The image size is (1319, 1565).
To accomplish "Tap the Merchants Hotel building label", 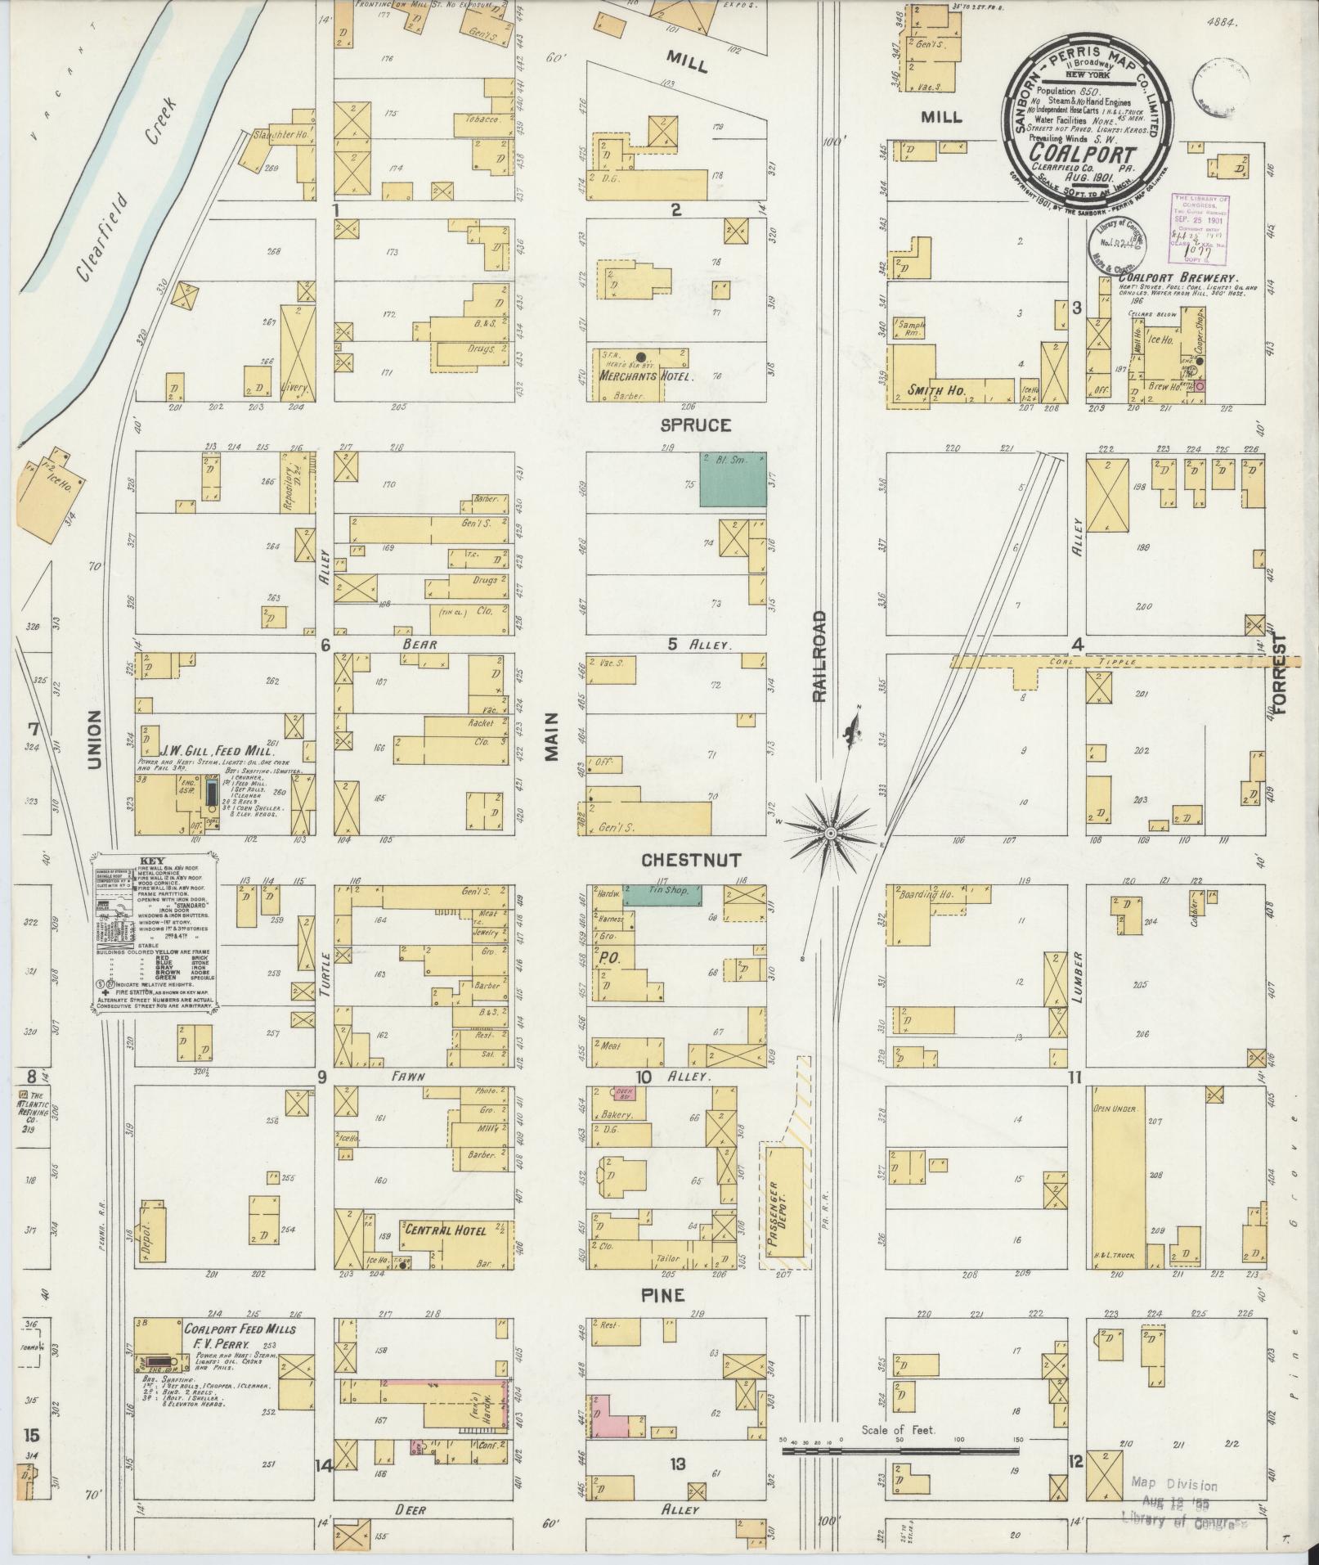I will pyautogui.click(x=646, y=377).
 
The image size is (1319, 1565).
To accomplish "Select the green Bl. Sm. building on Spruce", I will pyautogui.click(x=734, y=479).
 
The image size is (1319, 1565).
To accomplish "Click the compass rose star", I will pyautogui.click(x=829, y=832).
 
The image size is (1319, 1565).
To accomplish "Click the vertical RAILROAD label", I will pyautogui.click(x=819, y=654).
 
